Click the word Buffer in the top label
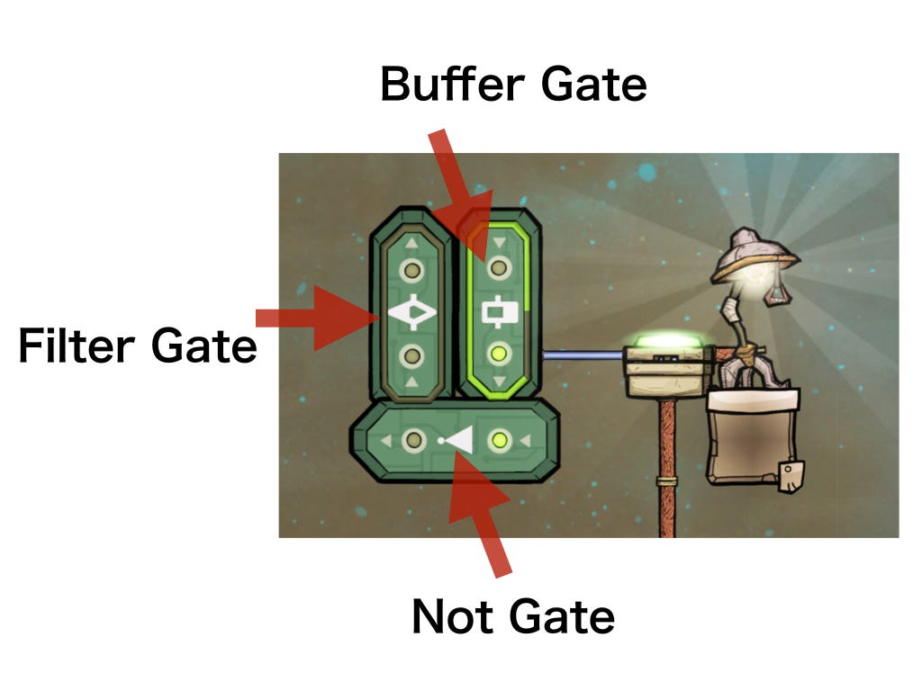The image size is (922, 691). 452,84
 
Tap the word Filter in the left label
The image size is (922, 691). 77,345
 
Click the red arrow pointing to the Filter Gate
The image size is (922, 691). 318,318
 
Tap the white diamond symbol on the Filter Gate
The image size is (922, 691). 412,312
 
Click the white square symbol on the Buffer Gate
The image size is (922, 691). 500,312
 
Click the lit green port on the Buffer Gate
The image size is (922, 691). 499,354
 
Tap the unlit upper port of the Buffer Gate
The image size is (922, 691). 499,268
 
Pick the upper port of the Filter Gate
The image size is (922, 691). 411,270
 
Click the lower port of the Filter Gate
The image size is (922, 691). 411,356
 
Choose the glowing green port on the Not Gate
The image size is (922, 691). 500,439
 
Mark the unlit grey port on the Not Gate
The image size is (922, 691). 413,440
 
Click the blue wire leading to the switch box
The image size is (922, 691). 583,355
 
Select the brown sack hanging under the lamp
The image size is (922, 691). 753,437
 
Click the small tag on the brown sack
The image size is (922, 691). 791,476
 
